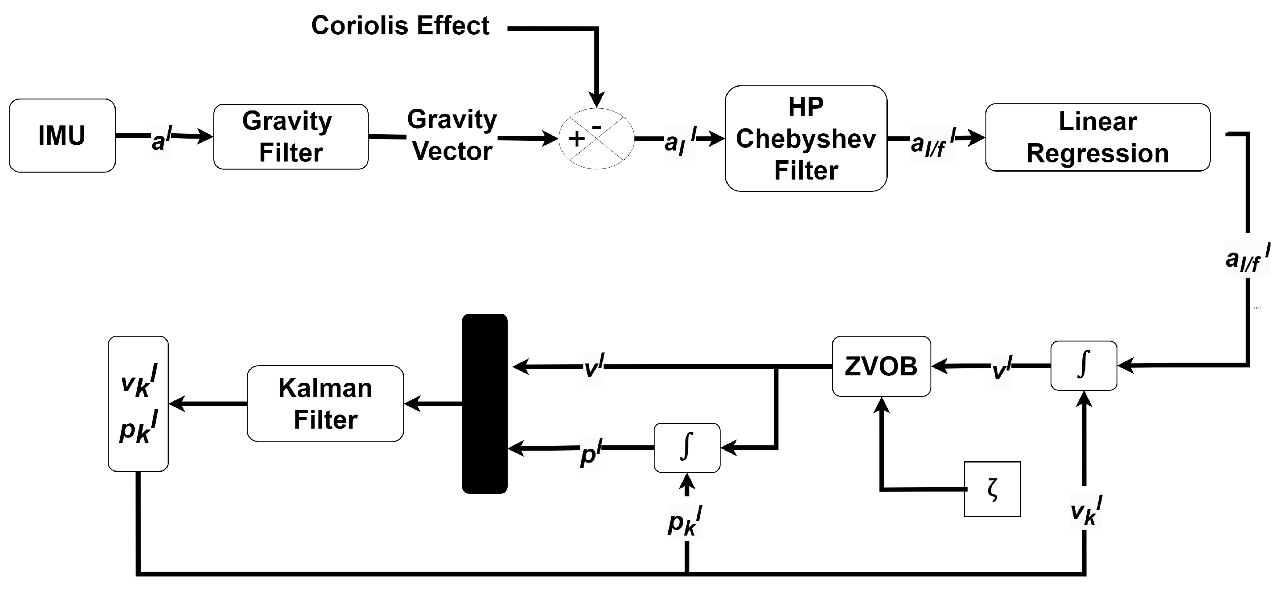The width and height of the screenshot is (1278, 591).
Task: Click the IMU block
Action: [62, 136]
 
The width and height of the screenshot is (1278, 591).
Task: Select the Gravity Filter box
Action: [291, 136]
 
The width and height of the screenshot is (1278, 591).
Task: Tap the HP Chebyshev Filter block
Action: [806, 139]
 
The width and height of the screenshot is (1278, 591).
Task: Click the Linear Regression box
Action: [1098, 137]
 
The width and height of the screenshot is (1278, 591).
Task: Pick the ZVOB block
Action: [881, 366]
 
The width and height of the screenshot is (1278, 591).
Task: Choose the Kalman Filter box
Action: [325, 404]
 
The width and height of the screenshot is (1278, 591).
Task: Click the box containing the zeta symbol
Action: [992, 489]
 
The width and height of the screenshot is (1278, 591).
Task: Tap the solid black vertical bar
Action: [484, 404]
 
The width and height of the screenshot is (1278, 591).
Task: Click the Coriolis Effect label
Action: [400, 26]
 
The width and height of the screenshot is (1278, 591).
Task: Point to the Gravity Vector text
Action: [451, 135]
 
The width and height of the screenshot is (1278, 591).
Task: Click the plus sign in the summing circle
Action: [576, 139]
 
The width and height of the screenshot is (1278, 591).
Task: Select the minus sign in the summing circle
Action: [597, 127]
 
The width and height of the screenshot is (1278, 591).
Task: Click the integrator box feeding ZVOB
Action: [1084, 365]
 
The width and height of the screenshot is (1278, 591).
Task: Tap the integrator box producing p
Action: [687, 448]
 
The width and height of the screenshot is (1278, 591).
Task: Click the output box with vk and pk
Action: [138, 404]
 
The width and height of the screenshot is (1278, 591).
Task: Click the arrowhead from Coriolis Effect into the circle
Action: [597, 99]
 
